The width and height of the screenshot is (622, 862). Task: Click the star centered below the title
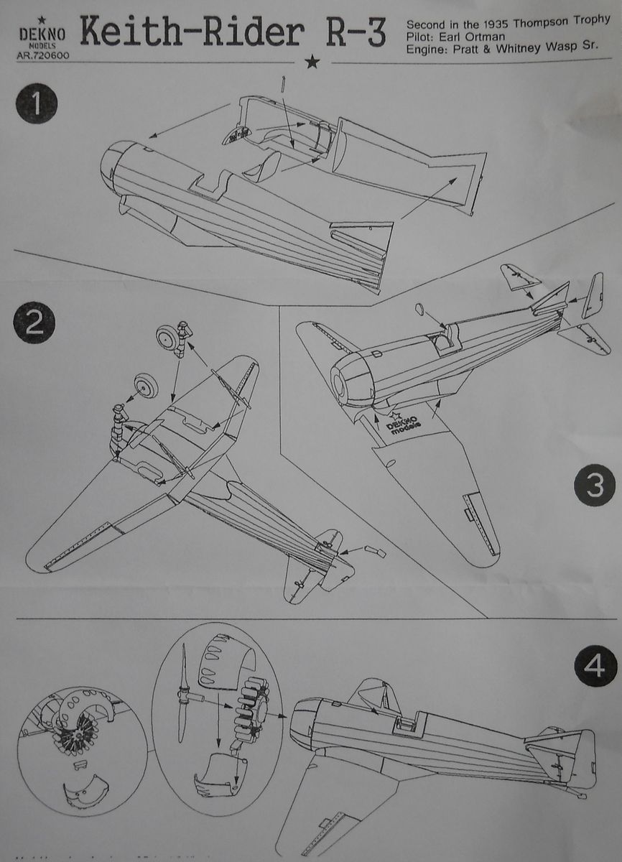pyautogui.click(x=312, y=63)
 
